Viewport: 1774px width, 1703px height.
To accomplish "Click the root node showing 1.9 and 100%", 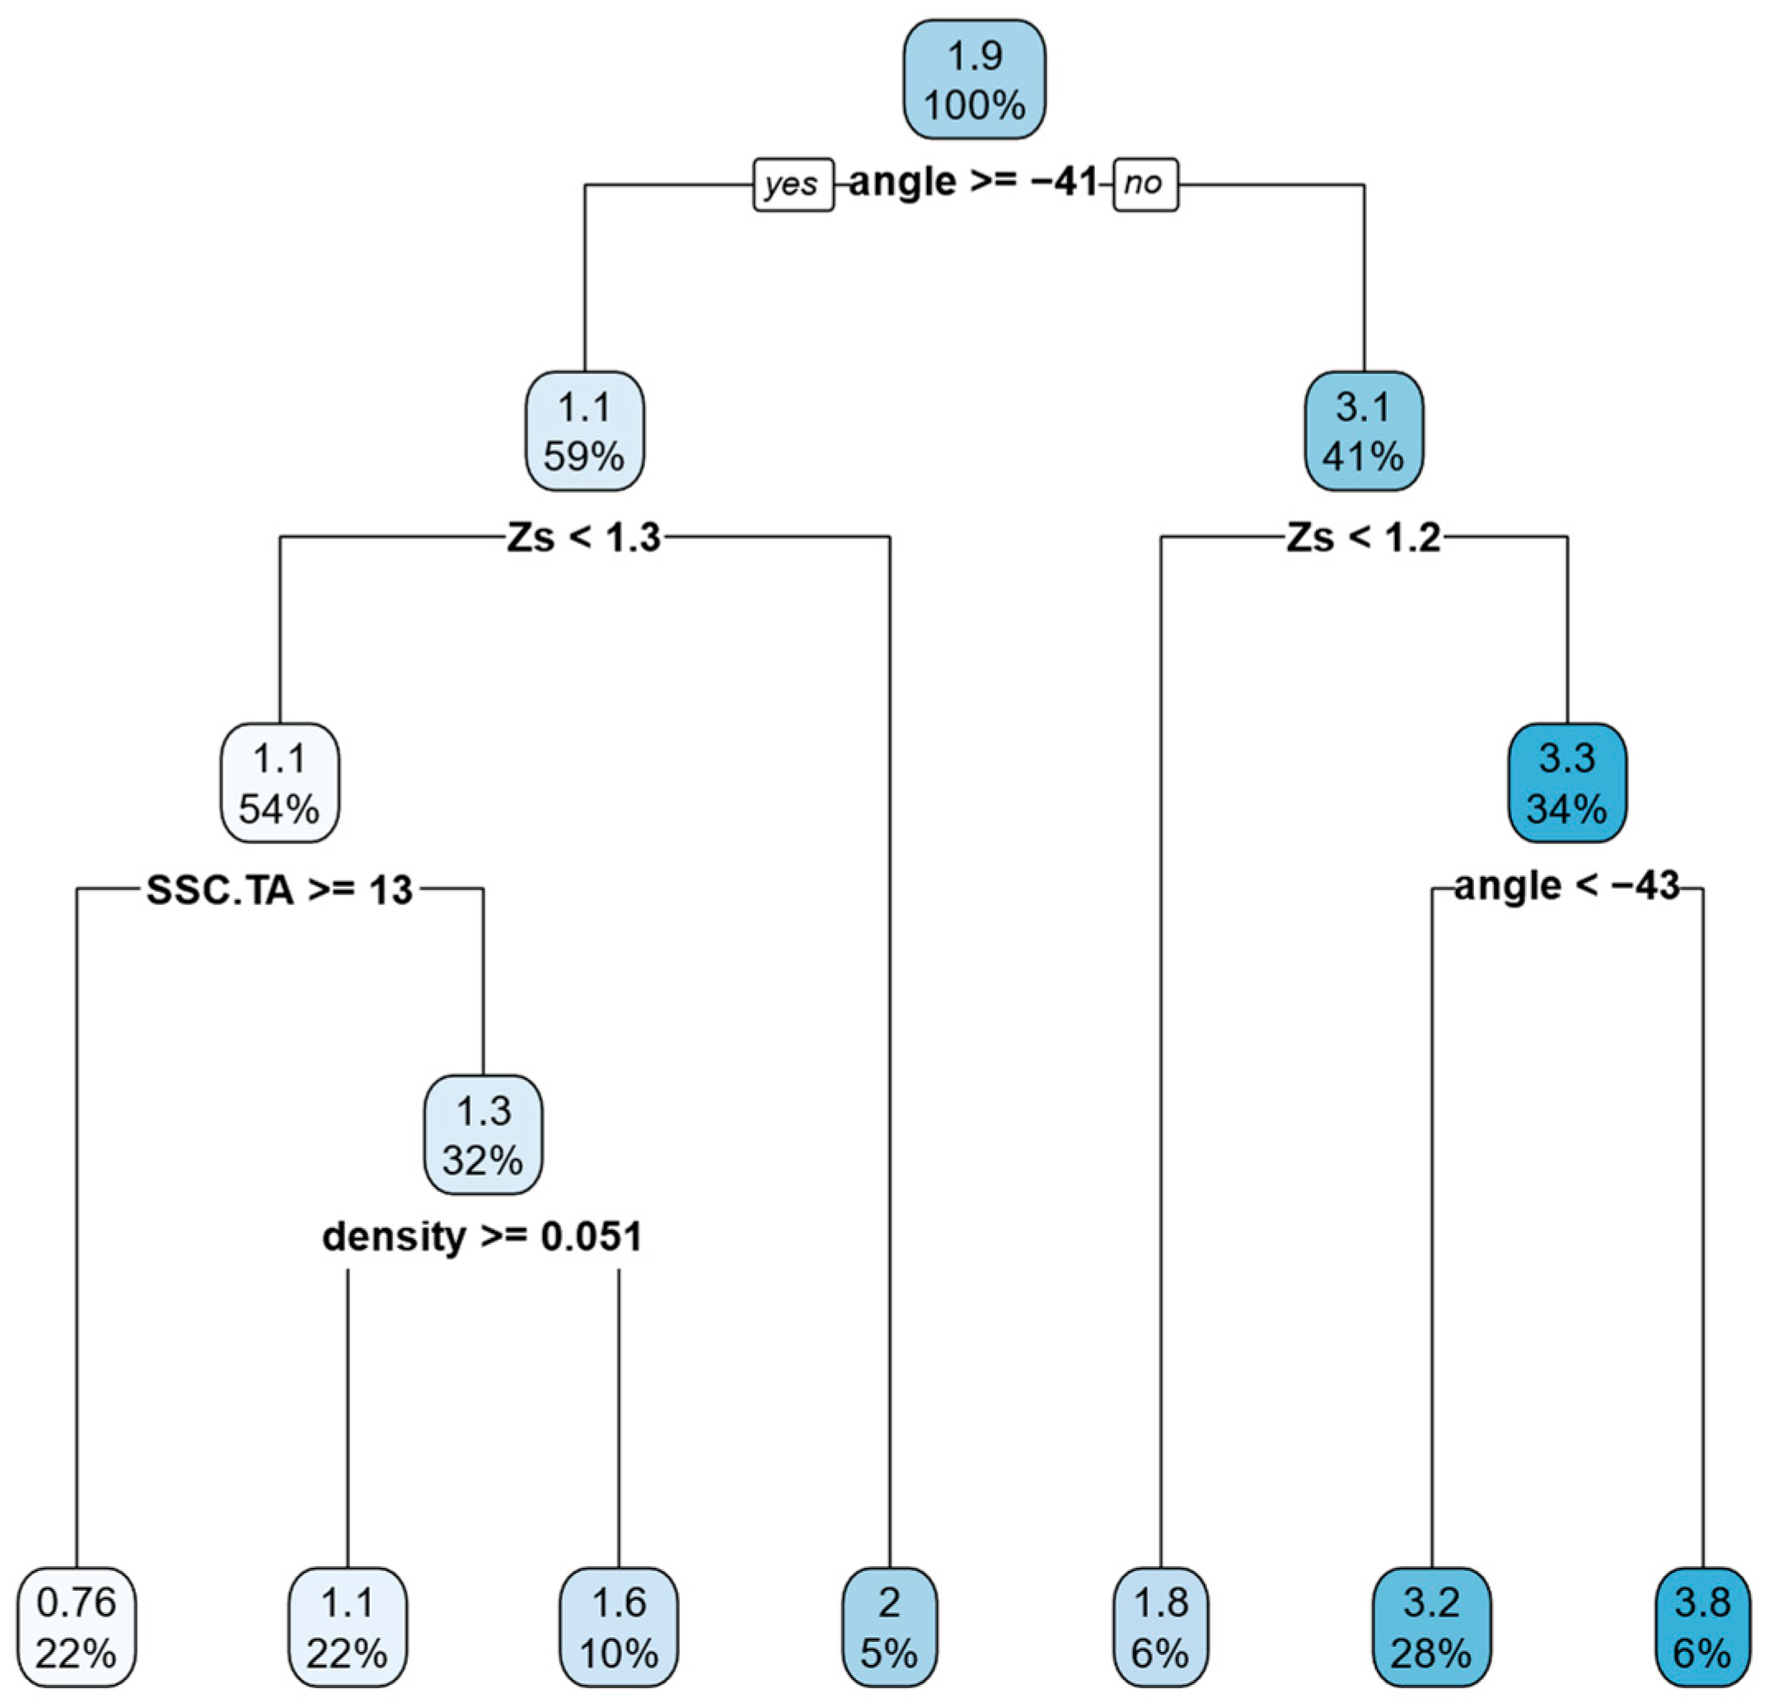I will (x=974, y=80).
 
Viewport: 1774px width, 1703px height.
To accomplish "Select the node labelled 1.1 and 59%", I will (x=585, y=431).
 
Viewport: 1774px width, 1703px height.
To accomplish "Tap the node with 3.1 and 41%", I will (x=1363, y=431).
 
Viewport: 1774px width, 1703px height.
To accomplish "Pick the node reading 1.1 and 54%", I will (x=279, y=783).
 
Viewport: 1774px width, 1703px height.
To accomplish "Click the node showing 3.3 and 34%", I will (x=1566, y=783).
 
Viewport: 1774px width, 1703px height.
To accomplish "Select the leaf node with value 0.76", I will (x=76, y=1628).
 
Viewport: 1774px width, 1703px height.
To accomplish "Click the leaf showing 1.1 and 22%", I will (x=348, y=1628).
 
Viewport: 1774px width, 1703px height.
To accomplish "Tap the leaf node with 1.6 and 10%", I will (x=618, y=1628).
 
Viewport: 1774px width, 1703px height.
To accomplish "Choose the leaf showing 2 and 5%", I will (x=889, y=1628).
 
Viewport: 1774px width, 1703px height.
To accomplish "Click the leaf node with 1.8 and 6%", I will (x=1160, y=1628).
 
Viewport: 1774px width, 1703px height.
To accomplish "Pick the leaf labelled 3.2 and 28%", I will (x=1431, y=1628).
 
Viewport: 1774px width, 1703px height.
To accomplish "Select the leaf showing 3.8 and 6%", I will (x=1701, y=1628).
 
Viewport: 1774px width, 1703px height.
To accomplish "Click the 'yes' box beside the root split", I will (x=793, y=185).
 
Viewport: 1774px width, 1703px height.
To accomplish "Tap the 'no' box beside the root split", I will (x=1145, y=185).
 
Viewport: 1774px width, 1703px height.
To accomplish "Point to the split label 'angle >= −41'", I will (x=973, y=183).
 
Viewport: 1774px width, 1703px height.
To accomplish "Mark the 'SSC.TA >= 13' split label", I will (x=279, y=891).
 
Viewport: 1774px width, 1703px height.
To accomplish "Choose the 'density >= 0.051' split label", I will (x=482, y=1236).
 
